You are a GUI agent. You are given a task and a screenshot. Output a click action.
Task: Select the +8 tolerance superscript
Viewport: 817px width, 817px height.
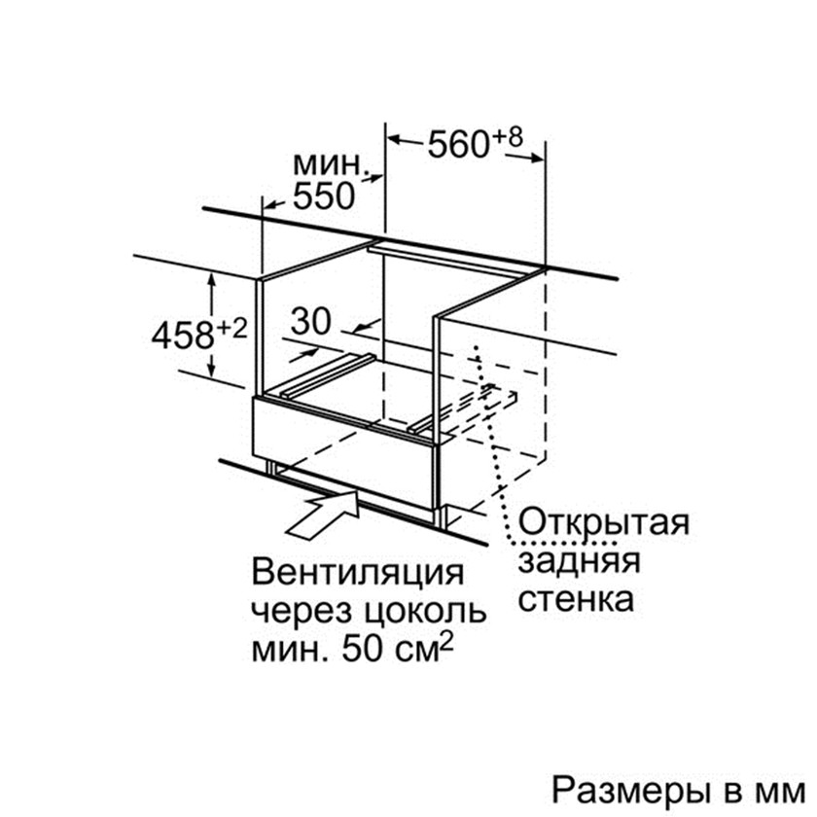coord(507,135)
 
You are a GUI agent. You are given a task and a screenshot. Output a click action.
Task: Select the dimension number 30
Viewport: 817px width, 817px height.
coord(311,322)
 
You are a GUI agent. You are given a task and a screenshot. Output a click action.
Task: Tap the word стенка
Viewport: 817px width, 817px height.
coord(576,598)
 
